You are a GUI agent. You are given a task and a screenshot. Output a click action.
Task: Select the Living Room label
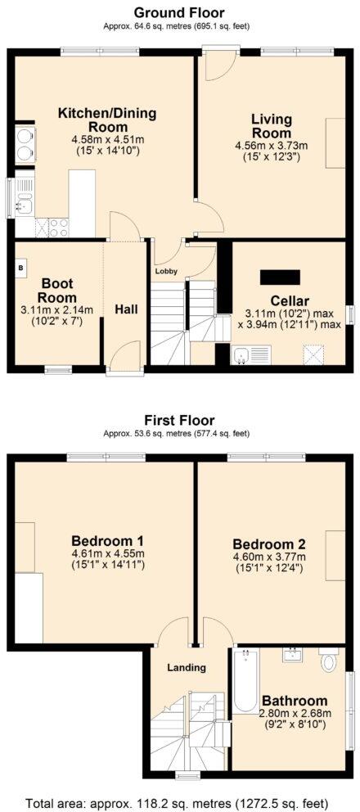[x=271, y=127]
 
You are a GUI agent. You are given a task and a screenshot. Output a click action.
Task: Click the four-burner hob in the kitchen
[x=59, y=227]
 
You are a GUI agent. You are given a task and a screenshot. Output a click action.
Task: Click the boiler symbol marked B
[x=21, y=268]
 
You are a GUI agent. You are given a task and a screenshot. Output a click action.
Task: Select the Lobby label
[x=166, y=269]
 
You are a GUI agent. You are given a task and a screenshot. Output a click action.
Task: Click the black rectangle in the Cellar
[x=280, y=277]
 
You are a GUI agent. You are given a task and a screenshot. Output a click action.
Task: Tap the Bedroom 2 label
[x=269, y=544]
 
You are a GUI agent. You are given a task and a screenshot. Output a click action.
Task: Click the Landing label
[x=187, y=667]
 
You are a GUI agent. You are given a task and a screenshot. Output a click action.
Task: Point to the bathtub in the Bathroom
[x=245, y=681]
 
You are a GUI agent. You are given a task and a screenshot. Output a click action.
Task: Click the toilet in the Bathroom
[x=329, y=661]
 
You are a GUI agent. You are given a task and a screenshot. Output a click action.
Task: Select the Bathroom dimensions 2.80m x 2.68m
[x=294, y=714]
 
